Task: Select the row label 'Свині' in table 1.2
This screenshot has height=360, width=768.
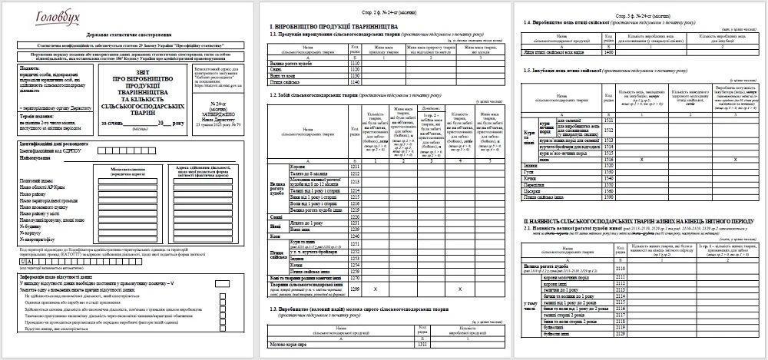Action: click(x=276, y=217)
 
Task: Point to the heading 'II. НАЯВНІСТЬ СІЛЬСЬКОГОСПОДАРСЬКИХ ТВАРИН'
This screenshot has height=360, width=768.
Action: click(x=637, y=220)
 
